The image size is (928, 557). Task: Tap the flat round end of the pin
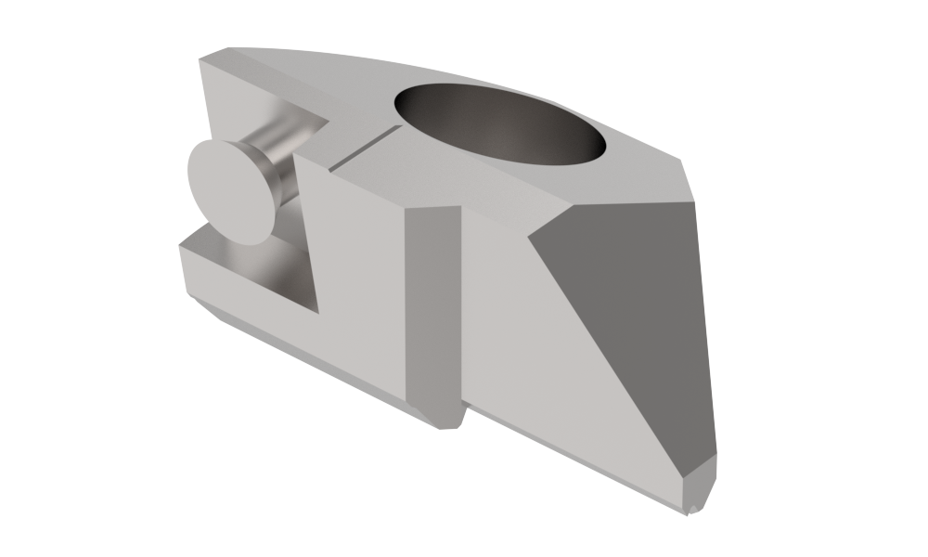(230, 193)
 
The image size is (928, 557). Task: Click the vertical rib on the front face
(433, 306)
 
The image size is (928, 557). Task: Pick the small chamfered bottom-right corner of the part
(702, 486)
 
